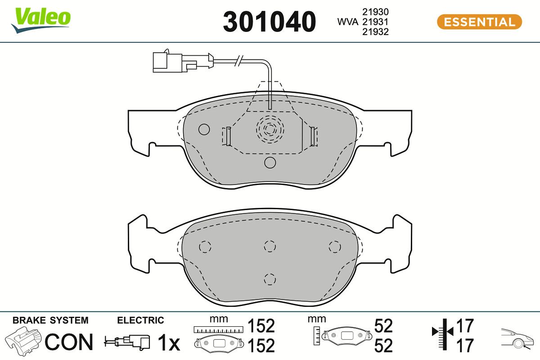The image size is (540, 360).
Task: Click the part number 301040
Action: [270, 22]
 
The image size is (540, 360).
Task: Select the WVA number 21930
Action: [375, 12]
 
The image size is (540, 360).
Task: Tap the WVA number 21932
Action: [375, 31]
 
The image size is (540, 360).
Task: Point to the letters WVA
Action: [348, 22]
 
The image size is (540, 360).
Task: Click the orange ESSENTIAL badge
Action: [479, 22]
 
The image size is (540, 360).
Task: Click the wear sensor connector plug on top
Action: [167, 61]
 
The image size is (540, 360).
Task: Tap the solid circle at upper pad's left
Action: [204, 130]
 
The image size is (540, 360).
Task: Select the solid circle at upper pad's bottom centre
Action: [270, 162]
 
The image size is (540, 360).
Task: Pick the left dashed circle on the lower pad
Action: [205, 247]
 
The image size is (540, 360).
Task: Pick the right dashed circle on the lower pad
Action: [334, 246]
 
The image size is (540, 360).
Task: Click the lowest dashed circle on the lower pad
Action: [270, 279]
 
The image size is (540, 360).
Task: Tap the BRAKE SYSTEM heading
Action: [50, 320]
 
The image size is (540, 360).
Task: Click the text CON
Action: [69, 342]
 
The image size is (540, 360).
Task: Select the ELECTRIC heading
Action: [140, 320]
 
